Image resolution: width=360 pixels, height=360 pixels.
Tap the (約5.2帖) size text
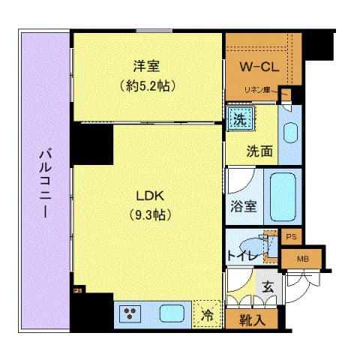[x=146, y=85]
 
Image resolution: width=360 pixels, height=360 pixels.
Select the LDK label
[x=149, y=196]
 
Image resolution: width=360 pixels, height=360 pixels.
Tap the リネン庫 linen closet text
[x=259, y=91]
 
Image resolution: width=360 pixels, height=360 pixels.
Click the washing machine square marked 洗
[x=240, y=118]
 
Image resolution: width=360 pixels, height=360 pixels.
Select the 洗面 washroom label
[x=259, y=150]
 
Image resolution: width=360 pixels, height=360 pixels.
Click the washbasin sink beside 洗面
[x=290, y=132]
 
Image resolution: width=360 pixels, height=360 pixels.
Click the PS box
[x=292, y=235]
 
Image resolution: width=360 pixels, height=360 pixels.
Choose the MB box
[x=303, y=259]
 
